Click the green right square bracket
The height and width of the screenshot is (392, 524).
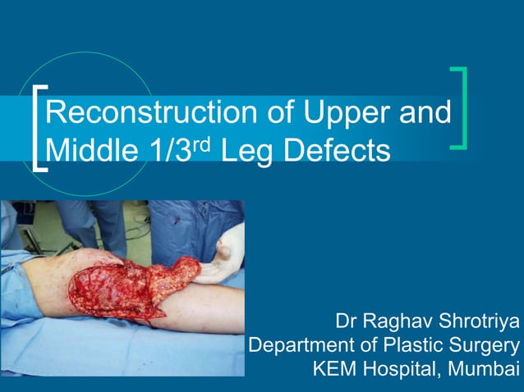click(460, 108)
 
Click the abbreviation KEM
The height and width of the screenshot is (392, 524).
click(334, 369)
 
